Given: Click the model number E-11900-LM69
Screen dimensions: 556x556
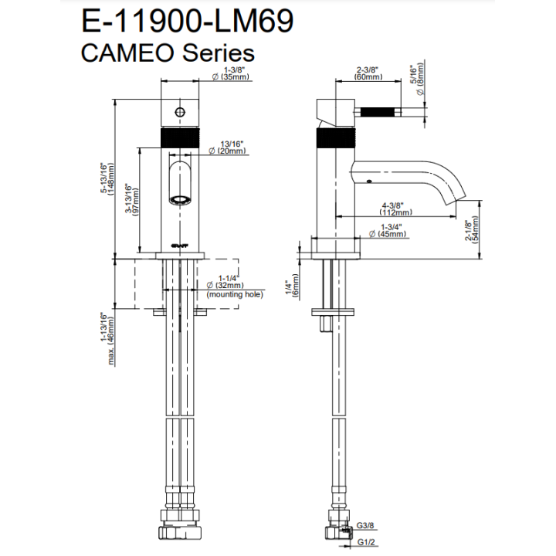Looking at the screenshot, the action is (187, 22).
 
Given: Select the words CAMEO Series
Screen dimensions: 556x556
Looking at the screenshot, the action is (168, 53).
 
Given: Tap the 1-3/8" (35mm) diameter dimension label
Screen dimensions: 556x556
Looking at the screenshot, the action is (231, 73).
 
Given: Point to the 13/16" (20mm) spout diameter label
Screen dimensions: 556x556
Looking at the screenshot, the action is (228, 147).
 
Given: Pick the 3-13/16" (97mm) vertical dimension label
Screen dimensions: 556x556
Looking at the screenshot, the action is (132, 200).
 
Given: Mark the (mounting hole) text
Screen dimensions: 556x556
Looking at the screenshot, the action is (235, 294).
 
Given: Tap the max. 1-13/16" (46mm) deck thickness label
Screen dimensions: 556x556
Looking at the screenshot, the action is (107, 339).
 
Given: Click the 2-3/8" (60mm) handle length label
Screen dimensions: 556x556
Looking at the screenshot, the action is (368, 73).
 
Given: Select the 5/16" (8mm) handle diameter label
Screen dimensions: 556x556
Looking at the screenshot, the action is (418, 79).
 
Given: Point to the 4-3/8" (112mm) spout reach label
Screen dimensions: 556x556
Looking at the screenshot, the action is (395, 208).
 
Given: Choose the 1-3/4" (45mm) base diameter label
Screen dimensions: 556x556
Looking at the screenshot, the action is (388, 230).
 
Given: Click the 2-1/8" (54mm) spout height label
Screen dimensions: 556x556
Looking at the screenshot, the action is (472, 229).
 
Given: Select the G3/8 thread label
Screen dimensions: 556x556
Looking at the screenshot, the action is (365, 525).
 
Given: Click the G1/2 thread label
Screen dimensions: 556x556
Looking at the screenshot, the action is (366, 542).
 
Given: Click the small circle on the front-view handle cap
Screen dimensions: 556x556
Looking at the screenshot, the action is (180, 113).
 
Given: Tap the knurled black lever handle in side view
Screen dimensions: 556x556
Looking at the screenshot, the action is (378, 113).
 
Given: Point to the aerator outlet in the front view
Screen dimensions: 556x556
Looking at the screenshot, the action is (180, 200).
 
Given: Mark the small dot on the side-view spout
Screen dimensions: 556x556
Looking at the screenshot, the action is (369, 181).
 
